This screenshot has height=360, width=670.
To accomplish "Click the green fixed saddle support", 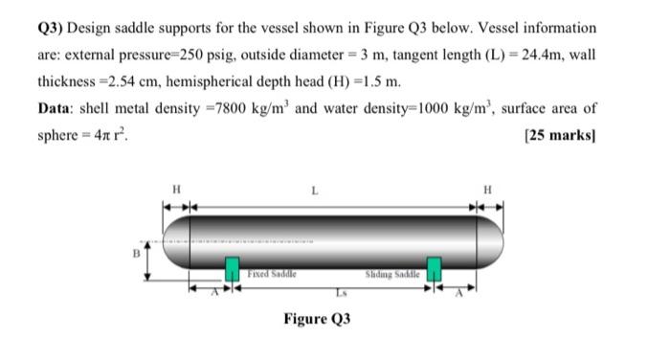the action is pyautogui.click(x=232, y=270).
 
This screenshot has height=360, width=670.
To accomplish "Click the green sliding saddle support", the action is pyautogui.click(x=435, y=270).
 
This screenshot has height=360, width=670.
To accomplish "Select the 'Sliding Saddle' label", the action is pyautogui.click(x=393, y=274).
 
